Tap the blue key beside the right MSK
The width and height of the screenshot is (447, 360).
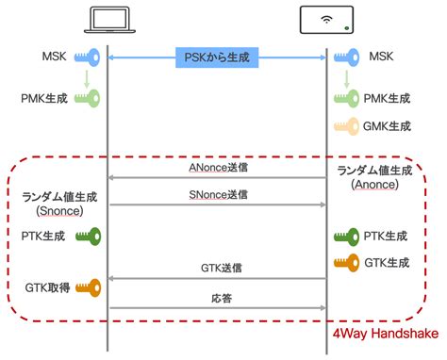348,57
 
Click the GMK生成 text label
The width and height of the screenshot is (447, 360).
388,126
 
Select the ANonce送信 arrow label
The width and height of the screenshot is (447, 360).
218,167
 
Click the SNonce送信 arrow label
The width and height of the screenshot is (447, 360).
218,194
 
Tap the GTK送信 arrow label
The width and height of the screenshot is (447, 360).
218,268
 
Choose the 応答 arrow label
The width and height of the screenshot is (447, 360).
218,297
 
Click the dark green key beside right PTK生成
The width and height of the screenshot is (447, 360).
346,236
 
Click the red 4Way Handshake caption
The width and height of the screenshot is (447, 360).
387,336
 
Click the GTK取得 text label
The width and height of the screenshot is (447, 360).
45,286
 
